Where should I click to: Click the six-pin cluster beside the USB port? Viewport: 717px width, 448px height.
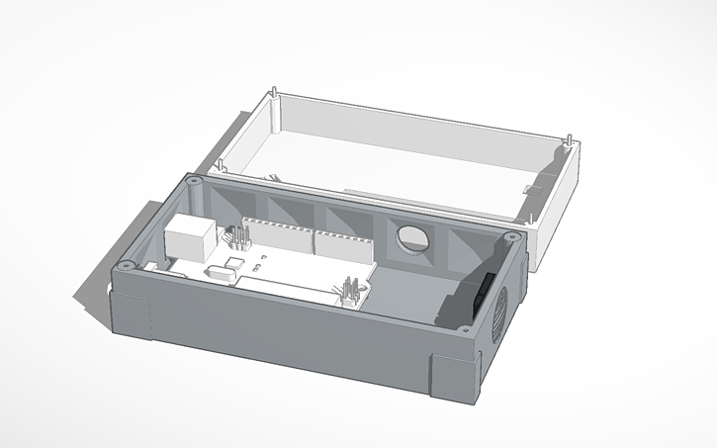point(237,237)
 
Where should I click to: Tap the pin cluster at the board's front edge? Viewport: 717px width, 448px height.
point(350,294)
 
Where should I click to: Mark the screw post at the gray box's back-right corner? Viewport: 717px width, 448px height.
point(510,237)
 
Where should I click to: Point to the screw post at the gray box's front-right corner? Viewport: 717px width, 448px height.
point(465,336)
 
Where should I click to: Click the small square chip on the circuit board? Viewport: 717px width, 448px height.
point(234,263)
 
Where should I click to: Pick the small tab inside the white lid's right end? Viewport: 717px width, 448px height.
point(532,187)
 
